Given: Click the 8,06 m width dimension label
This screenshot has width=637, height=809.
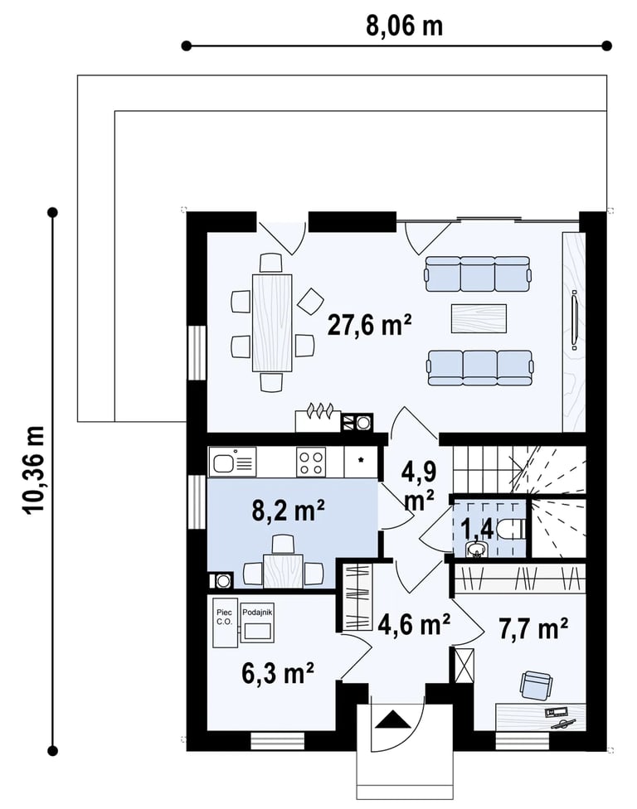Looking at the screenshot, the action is click(x=404, y=25).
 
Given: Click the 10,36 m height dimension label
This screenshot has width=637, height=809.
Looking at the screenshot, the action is click(x=34, y=469).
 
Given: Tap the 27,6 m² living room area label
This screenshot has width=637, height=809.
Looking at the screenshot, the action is click(x=370, y=326).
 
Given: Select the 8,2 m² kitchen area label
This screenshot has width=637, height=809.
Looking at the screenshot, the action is click(x=288, y=511).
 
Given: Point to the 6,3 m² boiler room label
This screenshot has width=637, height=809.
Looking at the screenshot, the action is click(x=278, y=673).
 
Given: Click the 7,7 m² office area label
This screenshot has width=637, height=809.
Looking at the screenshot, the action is click(x=533, y=628).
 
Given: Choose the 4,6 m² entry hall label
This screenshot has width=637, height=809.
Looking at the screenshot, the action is click(x=414, y=624).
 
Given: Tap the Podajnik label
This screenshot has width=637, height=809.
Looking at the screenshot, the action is click(x=257, y=612).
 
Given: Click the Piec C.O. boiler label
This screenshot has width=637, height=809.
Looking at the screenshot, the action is click(x=225, y=617).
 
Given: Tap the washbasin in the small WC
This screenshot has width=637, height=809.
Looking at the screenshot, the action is click(x=476, y=550).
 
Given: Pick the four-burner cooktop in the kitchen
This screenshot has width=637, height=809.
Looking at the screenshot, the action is click(x=311, y=462).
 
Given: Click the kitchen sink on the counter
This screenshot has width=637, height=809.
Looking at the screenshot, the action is click(x=232, y=461).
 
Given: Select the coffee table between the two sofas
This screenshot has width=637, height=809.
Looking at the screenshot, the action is click(x=479, y=318).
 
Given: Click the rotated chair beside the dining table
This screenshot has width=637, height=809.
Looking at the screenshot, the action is click(x=310, y=302).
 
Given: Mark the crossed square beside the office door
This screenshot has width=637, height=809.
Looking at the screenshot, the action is click(x=464, y=666).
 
